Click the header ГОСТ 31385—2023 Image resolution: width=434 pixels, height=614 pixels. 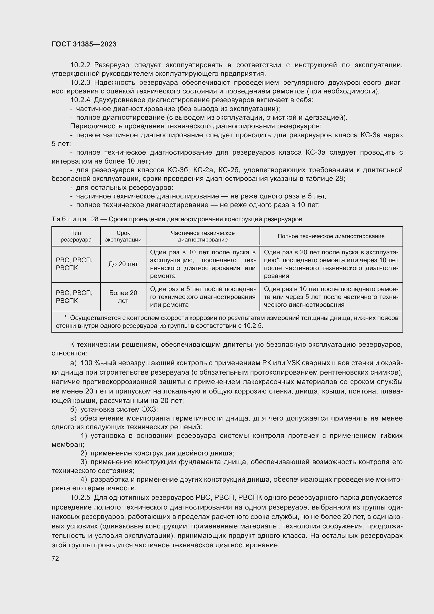84,44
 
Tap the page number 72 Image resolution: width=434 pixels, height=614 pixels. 55,558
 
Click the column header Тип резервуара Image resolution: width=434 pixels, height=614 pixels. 76,236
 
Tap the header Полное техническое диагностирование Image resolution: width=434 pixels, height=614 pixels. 331,236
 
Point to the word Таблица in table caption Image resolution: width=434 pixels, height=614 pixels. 69,219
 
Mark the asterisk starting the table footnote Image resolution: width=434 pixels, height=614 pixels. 66,318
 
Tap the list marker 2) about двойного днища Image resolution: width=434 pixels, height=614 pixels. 84,453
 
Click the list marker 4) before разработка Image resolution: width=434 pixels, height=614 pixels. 84,480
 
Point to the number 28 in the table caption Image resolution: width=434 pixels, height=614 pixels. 95,219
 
